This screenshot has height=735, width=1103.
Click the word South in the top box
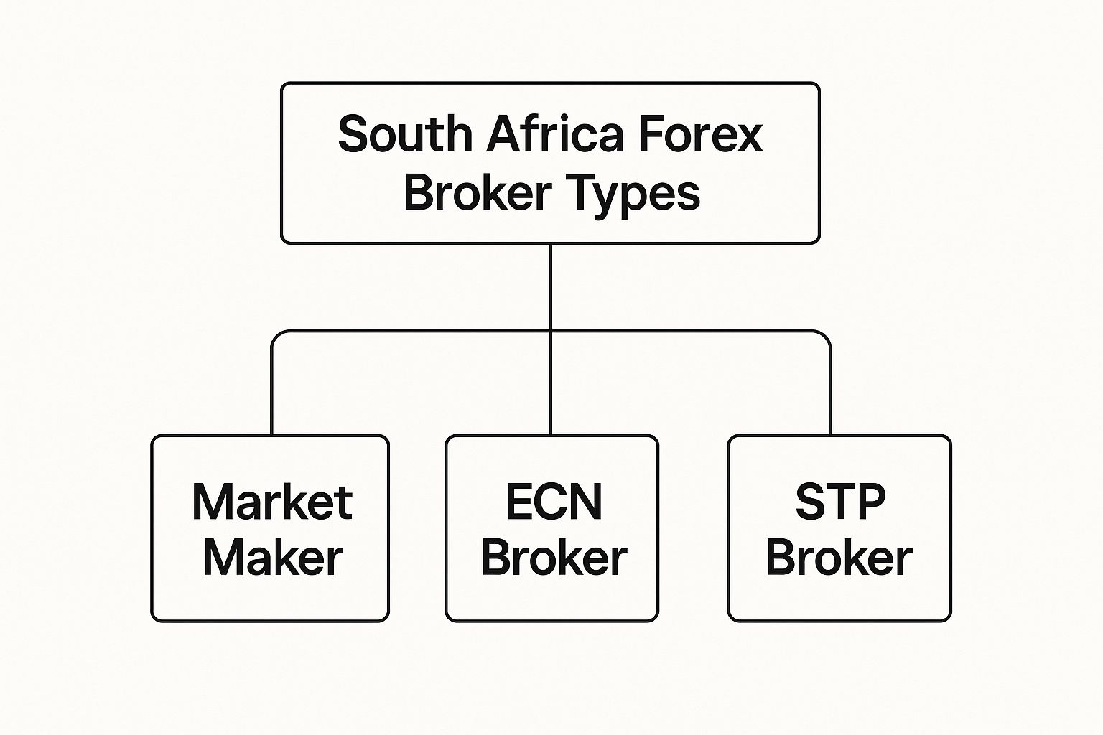tap(404, 134)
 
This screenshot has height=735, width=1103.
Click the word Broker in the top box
tap(477, 193)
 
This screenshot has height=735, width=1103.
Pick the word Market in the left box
tap(271, 502)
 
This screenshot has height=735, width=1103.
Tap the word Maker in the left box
tap(272, 558)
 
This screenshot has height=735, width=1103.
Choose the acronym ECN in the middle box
tap(553, 502)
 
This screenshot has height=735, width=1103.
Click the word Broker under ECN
tap(554, 558)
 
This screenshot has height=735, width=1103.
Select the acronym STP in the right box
tap(840, 502)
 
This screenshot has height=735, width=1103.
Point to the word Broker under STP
tap(839, 558)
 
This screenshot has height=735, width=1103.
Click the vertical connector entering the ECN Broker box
tap(551, 388)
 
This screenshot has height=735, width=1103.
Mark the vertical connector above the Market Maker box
tap(272, 391)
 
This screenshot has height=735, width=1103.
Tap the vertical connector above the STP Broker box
tap(830, 391)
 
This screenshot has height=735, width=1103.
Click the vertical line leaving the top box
tap(551, 287)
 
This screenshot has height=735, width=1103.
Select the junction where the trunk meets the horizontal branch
tap(551, 332)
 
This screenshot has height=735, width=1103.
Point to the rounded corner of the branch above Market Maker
tap(276, 335)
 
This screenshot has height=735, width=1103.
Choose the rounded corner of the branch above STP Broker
tap(826, 335)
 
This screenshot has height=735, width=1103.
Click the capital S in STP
tap(810, 502)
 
